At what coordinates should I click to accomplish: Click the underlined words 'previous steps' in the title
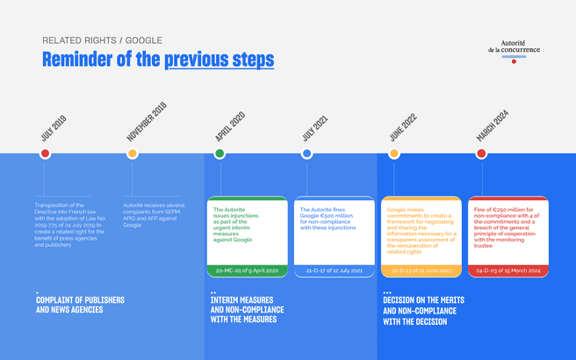(219, 60)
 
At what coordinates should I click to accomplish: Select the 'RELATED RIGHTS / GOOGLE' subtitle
(102, 40)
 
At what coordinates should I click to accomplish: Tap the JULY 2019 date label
(53, 128)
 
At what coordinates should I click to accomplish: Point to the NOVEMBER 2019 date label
(146, 122)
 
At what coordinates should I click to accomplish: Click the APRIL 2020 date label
(230, 126)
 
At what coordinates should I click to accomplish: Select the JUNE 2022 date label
(402, 126)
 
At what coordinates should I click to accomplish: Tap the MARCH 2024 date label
(493, 124)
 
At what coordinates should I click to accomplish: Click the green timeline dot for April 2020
(220, 154)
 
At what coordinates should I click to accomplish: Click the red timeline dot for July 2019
(45, 154)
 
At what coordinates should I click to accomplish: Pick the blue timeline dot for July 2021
(306, 154)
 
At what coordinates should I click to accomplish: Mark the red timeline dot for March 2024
(481, 154)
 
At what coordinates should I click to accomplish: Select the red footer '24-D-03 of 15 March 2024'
(508, 271)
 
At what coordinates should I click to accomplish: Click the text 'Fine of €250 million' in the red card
(496, 210)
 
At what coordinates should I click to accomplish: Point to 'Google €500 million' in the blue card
(327, 217)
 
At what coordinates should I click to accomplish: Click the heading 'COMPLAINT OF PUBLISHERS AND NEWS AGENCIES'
(80, 305)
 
